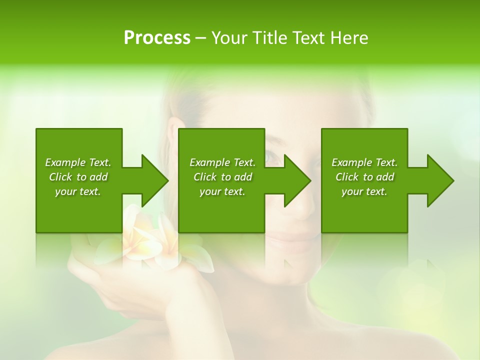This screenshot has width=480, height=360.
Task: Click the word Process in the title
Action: (x=157, y=38)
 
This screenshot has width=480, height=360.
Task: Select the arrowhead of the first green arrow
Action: (x=154, y=180)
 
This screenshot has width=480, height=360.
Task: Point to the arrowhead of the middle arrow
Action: (x=297, y=180)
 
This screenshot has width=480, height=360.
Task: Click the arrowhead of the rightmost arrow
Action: (x=440, y=180)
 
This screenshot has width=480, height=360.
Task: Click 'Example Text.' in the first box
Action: (x=78, y=162)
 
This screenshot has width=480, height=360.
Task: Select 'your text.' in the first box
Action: (x=78, y=191)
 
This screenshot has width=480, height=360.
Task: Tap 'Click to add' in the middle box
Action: (x=222, y=177)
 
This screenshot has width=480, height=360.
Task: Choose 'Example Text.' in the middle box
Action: (x=222, y=162)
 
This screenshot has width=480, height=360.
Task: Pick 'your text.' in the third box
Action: (x=364, y=191)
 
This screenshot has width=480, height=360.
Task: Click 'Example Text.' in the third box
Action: (x=364, y=162)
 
